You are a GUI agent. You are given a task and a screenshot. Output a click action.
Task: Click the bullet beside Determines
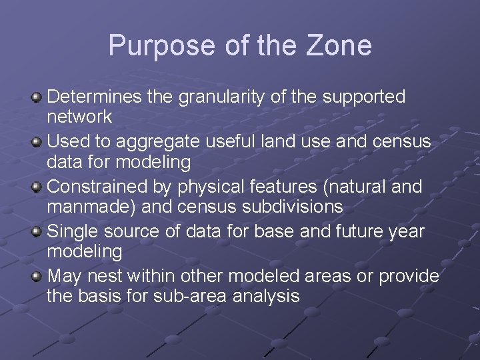pos(37,98)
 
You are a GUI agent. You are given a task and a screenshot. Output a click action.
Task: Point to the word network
pos(79,117)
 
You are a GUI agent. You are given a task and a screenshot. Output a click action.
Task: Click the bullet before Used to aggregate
pos(37,143)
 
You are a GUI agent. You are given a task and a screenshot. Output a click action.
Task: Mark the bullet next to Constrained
pos(37,188)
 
